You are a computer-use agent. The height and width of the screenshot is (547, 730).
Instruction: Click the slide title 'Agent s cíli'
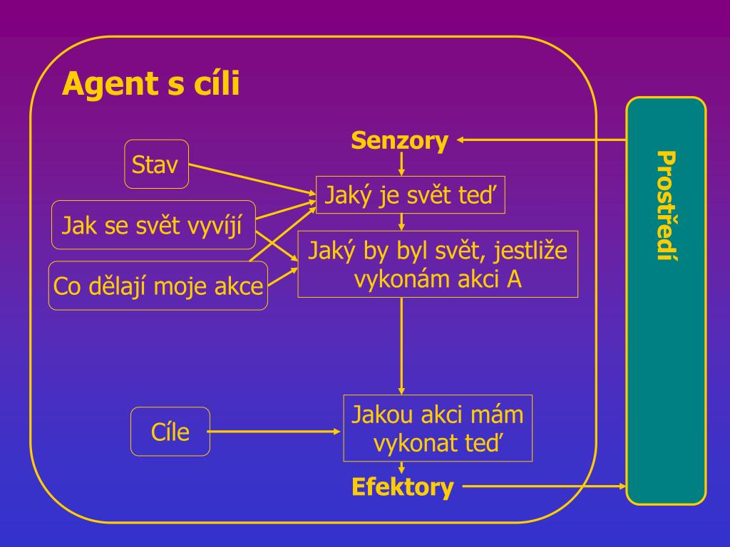(150, 85)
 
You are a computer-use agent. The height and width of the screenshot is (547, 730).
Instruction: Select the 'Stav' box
(156, 165)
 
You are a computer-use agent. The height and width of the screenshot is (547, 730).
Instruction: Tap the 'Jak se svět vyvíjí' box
(153, 225)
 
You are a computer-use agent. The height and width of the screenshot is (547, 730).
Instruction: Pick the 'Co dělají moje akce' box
(158, 286)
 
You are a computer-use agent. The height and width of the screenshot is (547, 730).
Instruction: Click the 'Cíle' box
(170, 432)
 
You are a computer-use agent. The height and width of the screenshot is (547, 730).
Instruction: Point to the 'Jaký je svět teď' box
(410, 194)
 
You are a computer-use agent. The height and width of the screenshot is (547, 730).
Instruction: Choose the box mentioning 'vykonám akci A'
(438, 264)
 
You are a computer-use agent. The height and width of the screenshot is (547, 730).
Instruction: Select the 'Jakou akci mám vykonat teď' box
(438, 428)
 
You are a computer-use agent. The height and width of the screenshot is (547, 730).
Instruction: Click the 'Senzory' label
(399, 140)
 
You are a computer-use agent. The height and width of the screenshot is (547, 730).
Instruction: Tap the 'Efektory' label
(402, 487)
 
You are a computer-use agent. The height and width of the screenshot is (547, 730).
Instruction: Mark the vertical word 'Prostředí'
(666, 207)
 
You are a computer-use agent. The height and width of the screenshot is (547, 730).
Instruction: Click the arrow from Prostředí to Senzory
(542, 140)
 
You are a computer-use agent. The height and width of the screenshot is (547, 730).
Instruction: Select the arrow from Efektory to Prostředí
(545, 486)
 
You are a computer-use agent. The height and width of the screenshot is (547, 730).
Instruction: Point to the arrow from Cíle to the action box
(275, 432)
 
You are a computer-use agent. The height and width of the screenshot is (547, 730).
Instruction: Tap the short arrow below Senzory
(402, 164)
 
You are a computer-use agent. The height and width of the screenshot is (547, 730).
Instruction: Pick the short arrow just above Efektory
(402, 468)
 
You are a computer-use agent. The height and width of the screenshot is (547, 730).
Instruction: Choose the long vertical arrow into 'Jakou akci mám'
(402, 345)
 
